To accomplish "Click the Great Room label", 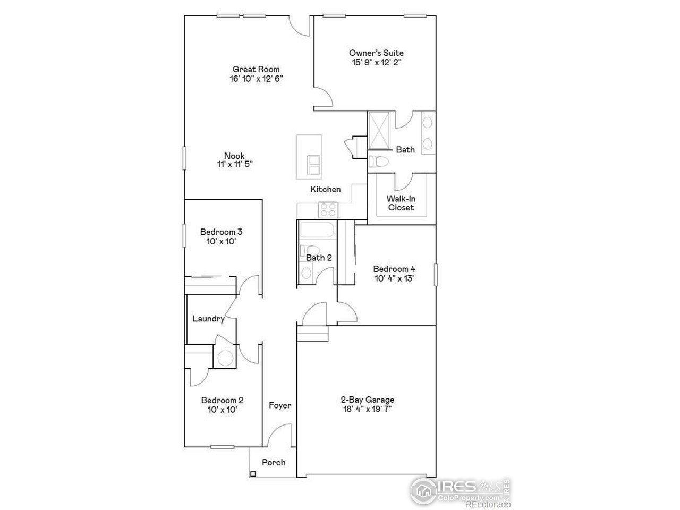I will (256, 69).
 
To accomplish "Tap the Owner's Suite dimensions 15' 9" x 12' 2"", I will (376, 62).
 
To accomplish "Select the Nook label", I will (234, 156).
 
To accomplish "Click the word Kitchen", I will (326, 189).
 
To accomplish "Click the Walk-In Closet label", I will (401, 203).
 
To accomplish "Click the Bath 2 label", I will (319, 258).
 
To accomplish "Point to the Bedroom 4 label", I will (394, 269).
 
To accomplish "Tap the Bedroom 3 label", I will (222, 232).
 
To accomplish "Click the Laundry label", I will (208, 319).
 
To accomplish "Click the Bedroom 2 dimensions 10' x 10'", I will (222, 410).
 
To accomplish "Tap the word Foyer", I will (280, 405).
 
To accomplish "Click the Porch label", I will (274, 462).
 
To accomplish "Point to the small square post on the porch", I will (253, 474).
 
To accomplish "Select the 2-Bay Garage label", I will (367, 400).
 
